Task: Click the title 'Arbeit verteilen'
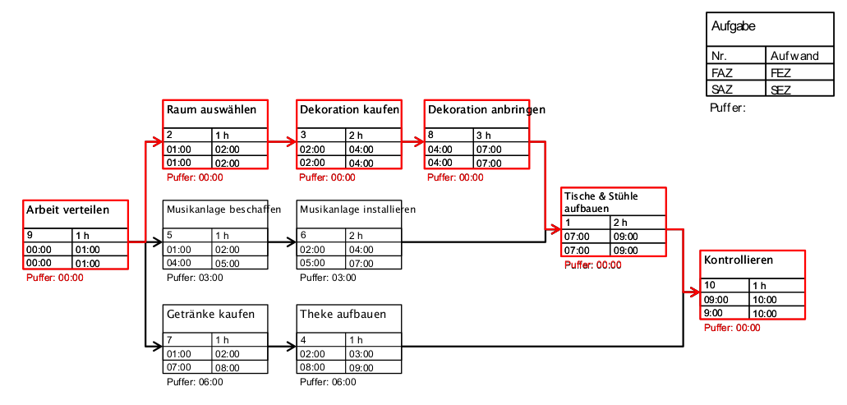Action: point(67,210)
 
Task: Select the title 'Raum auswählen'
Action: point(212,109)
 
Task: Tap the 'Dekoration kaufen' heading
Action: point(349,109)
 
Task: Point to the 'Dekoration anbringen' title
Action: point(486,109)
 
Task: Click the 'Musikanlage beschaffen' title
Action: point(223,209)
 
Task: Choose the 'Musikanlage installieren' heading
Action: point(357,209)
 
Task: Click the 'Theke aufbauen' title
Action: point(343,315)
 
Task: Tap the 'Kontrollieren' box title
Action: point(739,260)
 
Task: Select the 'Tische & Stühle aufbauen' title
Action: point(601,202)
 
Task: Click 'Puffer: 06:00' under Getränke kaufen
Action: point(195,381)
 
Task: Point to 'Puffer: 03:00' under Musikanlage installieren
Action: point(328,278)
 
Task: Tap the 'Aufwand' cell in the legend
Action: point(794,56)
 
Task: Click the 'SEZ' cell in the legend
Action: point(781,90)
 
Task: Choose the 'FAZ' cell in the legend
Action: point(722,73)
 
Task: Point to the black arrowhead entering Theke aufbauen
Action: point(292,347)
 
